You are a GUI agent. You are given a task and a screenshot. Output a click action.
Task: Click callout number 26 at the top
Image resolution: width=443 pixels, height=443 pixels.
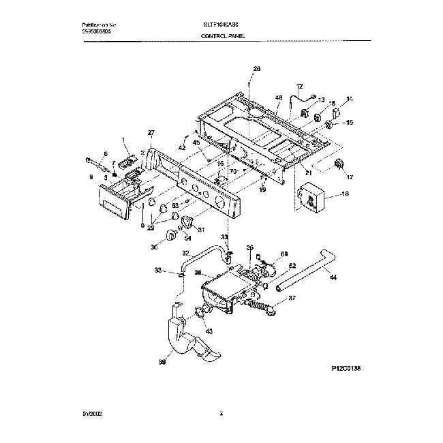point(256,68)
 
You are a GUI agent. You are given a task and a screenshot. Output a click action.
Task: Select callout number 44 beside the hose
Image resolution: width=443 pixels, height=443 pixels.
point(333,277)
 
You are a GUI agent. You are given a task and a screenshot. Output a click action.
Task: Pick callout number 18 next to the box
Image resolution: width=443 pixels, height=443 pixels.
point(343,195)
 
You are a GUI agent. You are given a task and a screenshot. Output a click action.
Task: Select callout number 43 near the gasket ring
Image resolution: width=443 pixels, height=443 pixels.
point(209,331)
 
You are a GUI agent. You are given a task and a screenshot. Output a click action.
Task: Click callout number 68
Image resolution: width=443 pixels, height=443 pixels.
point(284,254)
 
